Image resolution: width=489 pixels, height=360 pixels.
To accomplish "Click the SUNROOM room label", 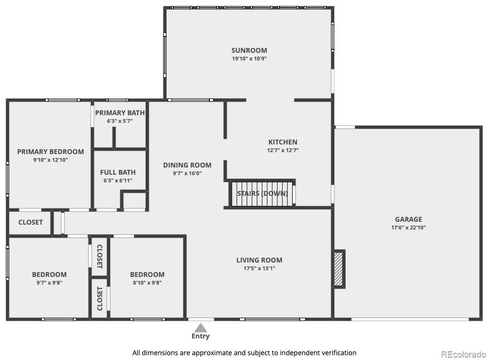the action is coord(249,50).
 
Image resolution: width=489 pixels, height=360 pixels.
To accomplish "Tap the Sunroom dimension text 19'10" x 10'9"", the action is coord(249,59).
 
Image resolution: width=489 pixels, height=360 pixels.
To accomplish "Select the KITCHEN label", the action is coord(283,142).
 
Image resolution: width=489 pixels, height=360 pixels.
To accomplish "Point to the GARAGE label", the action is coord(408,219).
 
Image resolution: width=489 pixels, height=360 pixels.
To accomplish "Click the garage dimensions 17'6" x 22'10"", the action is coord(408,228).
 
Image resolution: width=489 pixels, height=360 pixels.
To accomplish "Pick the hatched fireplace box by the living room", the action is coord(339,269).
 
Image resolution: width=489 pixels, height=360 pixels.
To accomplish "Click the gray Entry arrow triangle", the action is coord(201,327).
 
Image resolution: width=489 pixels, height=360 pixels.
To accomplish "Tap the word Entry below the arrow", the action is coord(200,336).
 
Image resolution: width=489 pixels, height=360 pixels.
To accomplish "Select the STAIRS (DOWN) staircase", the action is coord(262,193).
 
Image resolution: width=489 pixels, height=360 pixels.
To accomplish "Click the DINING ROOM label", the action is coord(187,165).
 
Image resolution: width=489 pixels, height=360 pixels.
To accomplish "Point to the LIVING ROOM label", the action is coord(259,260).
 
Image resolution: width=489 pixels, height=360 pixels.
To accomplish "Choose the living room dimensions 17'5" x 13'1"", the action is coord(259,268).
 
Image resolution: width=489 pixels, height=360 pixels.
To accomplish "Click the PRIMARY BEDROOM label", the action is coord(50,152).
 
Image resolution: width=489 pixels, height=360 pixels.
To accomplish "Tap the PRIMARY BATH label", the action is coord(120,113).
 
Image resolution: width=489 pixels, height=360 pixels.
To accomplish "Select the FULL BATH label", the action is coord(118,172).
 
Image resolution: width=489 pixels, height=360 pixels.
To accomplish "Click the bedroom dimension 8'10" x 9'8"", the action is coord(147,283).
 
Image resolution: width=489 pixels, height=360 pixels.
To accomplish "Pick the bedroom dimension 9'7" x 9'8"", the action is coord(49,283).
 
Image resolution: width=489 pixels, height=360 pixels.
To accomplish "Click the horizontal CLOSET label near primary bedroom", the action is coord(31,222).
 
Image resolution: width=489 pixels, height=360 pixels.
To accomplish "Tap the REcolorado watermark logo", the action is coord(464,354).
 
